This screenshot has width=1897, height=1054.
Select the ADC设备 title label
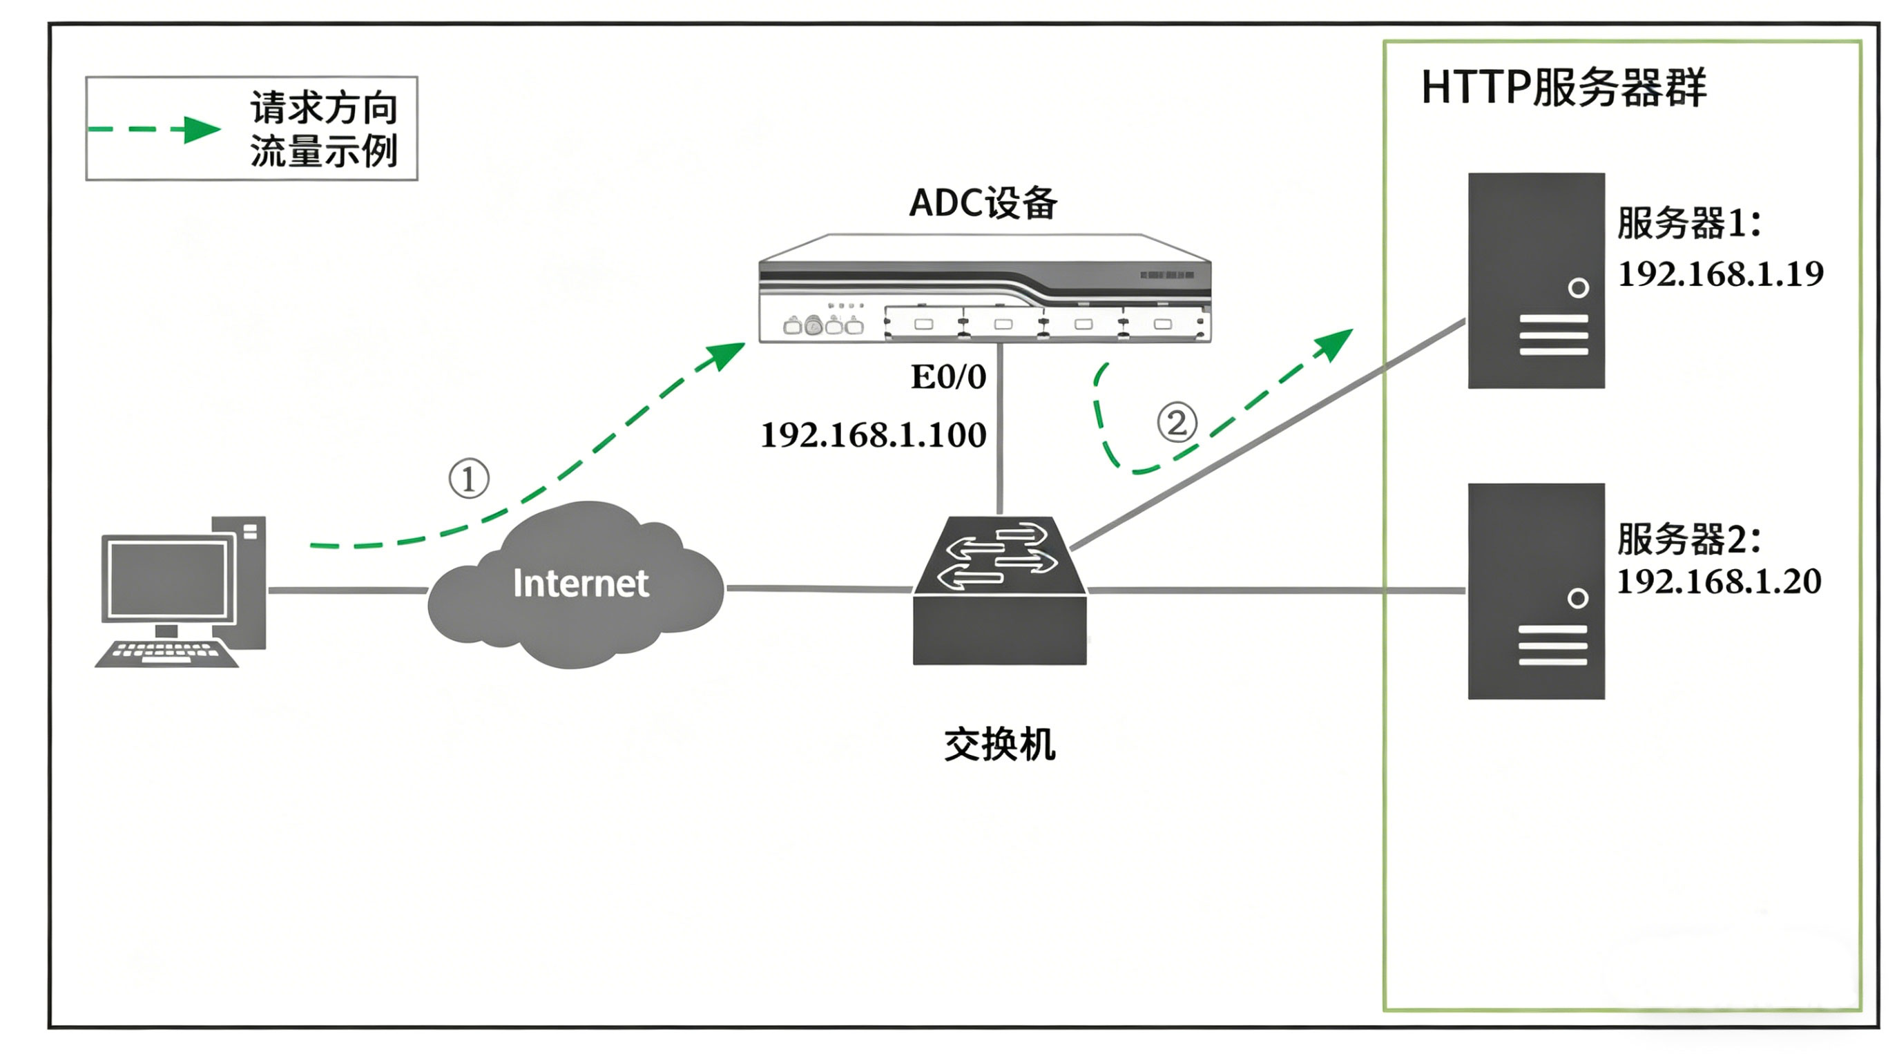pos(983,202)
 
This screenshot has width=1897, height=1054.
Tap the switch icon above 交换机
pos(999,589)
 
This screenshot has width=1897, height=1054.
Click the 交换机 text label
pos(999,744)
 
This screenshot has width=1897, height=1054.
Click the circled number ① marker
pos(468,479)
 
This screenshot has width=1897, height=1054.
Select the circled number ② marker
pos(1176,423)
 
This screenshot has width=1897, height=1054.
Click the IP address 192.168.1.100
pos(873,434)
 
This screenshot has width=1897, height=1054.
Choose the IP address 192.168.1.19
pos(1720,274)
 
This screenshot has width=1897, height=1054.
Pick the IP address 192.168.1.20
pos(1718,581)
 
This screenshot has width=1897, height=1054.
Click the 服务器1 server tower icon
pos(1535,280)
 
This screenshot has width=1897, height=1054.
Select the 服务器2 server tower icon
pos(1535,591)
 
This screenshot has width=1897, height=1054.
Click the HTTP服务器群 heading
pos(1562,88)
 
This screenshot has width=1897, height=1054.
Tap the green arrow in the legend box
pos(200,130)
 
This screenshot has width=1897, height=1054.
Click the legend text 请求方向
pos(324,108)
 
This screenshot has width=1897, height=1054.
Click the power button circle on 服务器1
pos(1577,287)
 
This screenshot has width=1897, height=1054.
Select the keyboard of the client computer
pos(166,653)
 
